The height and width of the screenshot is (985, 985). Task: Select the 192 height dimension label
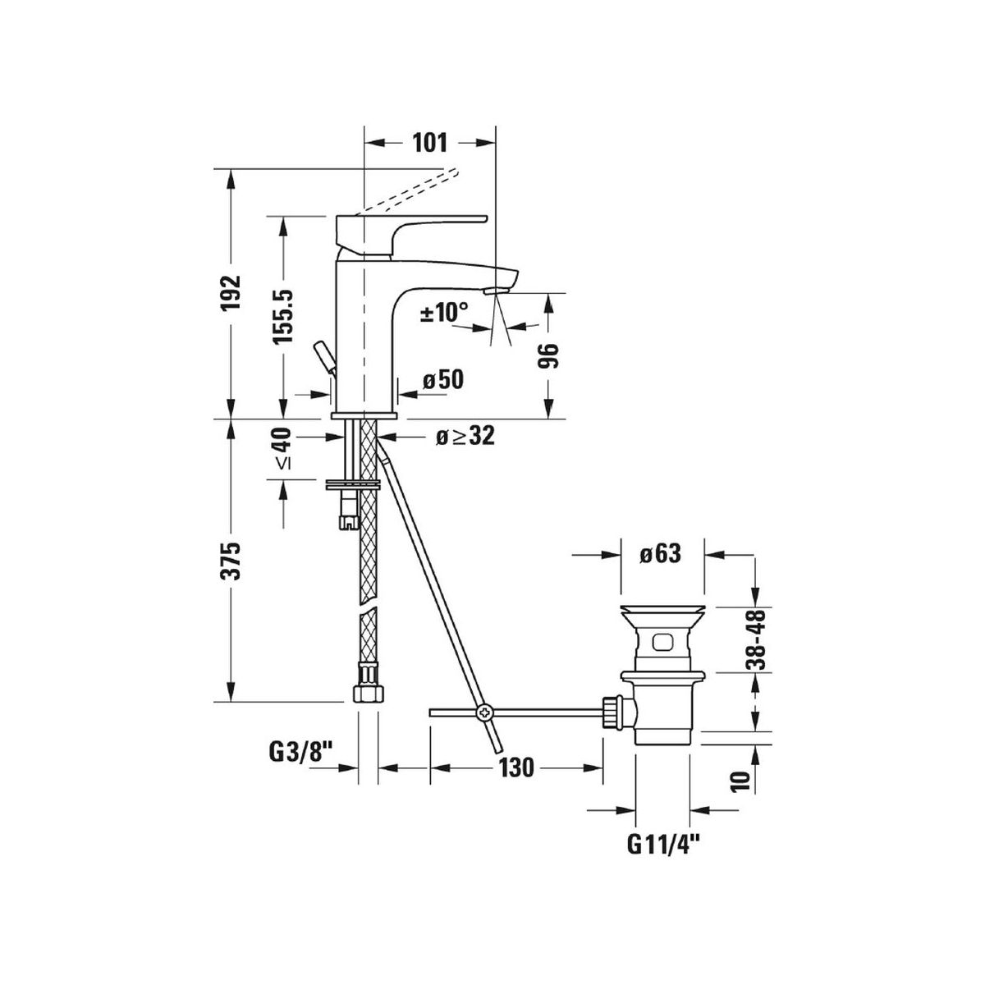tap(230, 292)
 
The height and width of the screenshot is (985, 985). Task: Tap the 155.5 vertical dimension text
tap(283, 316)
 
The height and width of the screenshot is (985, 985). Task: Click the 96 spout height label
tap(548, 355)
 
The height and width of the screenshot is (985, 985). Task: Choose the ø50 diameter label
tap(443, 380)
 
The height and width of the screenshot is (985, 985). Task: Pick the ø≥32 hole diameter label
tap(465, 436)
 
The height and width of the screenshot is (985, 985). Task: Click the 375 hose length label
tap(230, 561)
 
